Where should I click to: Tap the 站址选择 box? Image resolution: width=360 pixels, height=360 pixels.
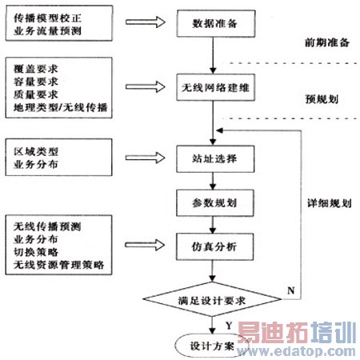point(212,157)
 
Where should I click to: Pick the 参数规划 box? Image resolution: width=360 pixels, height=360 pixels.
point(212,199)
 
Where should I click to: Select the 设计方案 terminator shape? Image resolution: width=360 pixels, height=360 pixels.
point(212,346)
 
